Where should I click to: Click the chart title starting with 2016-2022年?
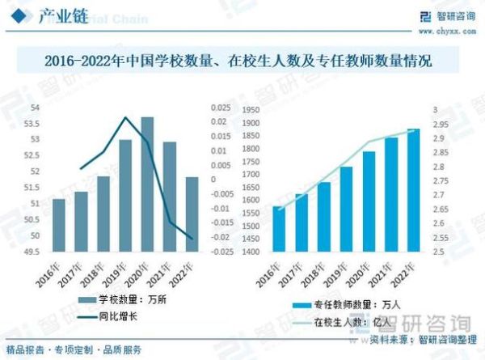click(x=242, y=61)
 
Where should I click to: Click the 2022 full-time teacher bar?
click(x=413, y=190)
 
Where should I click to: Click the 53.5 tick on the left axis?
click(x=36, y=124)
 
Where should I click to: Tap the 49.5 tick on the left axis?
click(x=36, y=252)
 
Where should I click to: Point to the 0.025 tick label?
click(x=218, y=108)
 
